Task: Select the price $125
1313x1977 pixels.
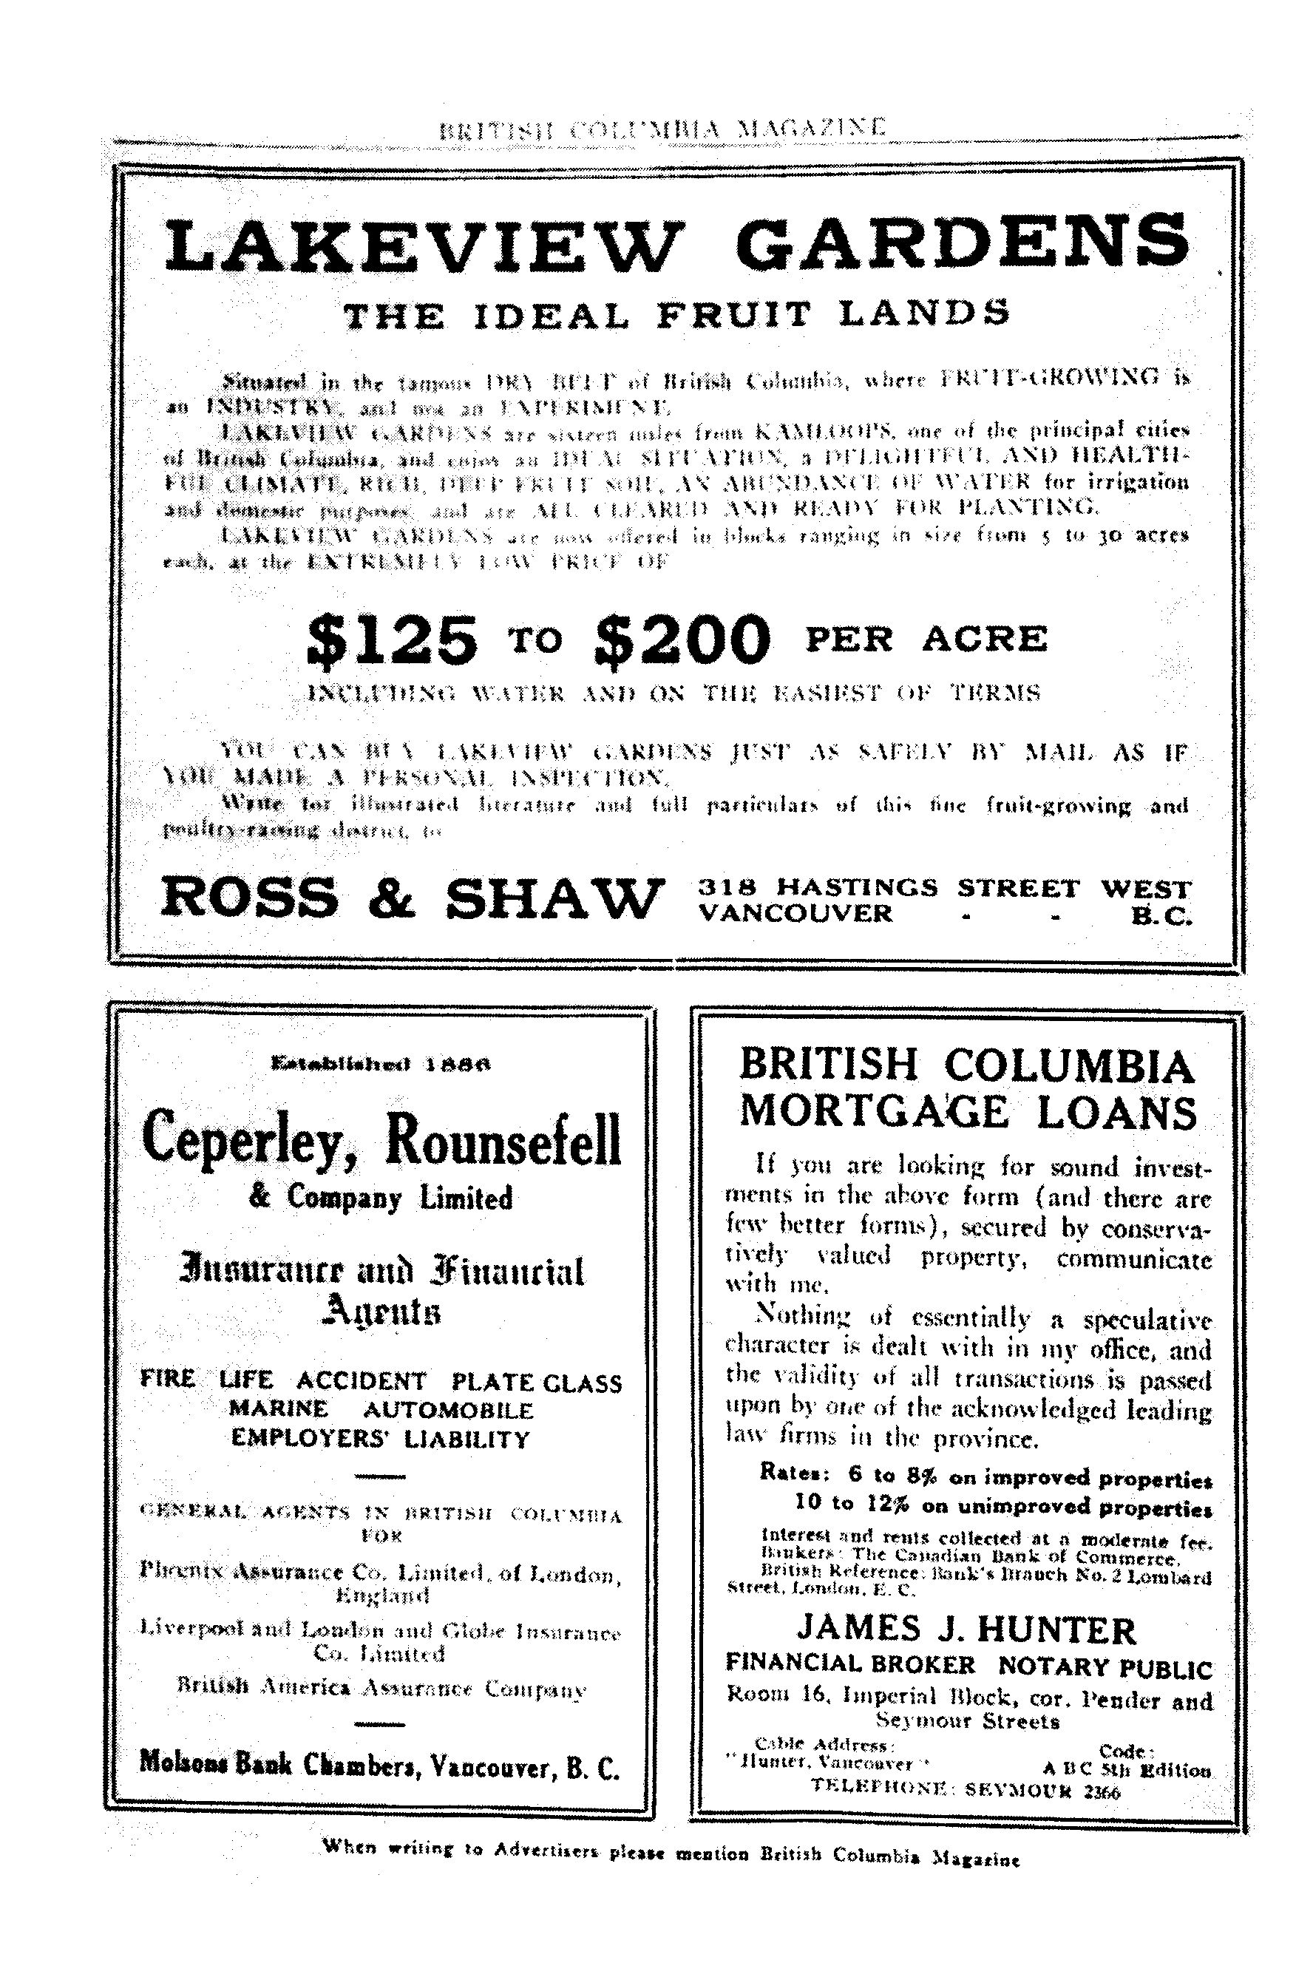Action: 393,640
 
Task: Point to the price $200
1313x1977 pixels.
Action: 680,640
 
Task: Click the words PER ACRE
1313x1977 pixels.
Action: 926,639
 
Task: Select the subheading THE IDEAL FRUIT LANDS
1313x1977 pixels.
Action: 676,315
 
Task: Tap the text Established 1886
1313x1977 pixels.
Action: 380,1065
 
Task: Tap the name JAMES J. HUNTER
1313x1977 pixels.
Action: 966,1630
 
